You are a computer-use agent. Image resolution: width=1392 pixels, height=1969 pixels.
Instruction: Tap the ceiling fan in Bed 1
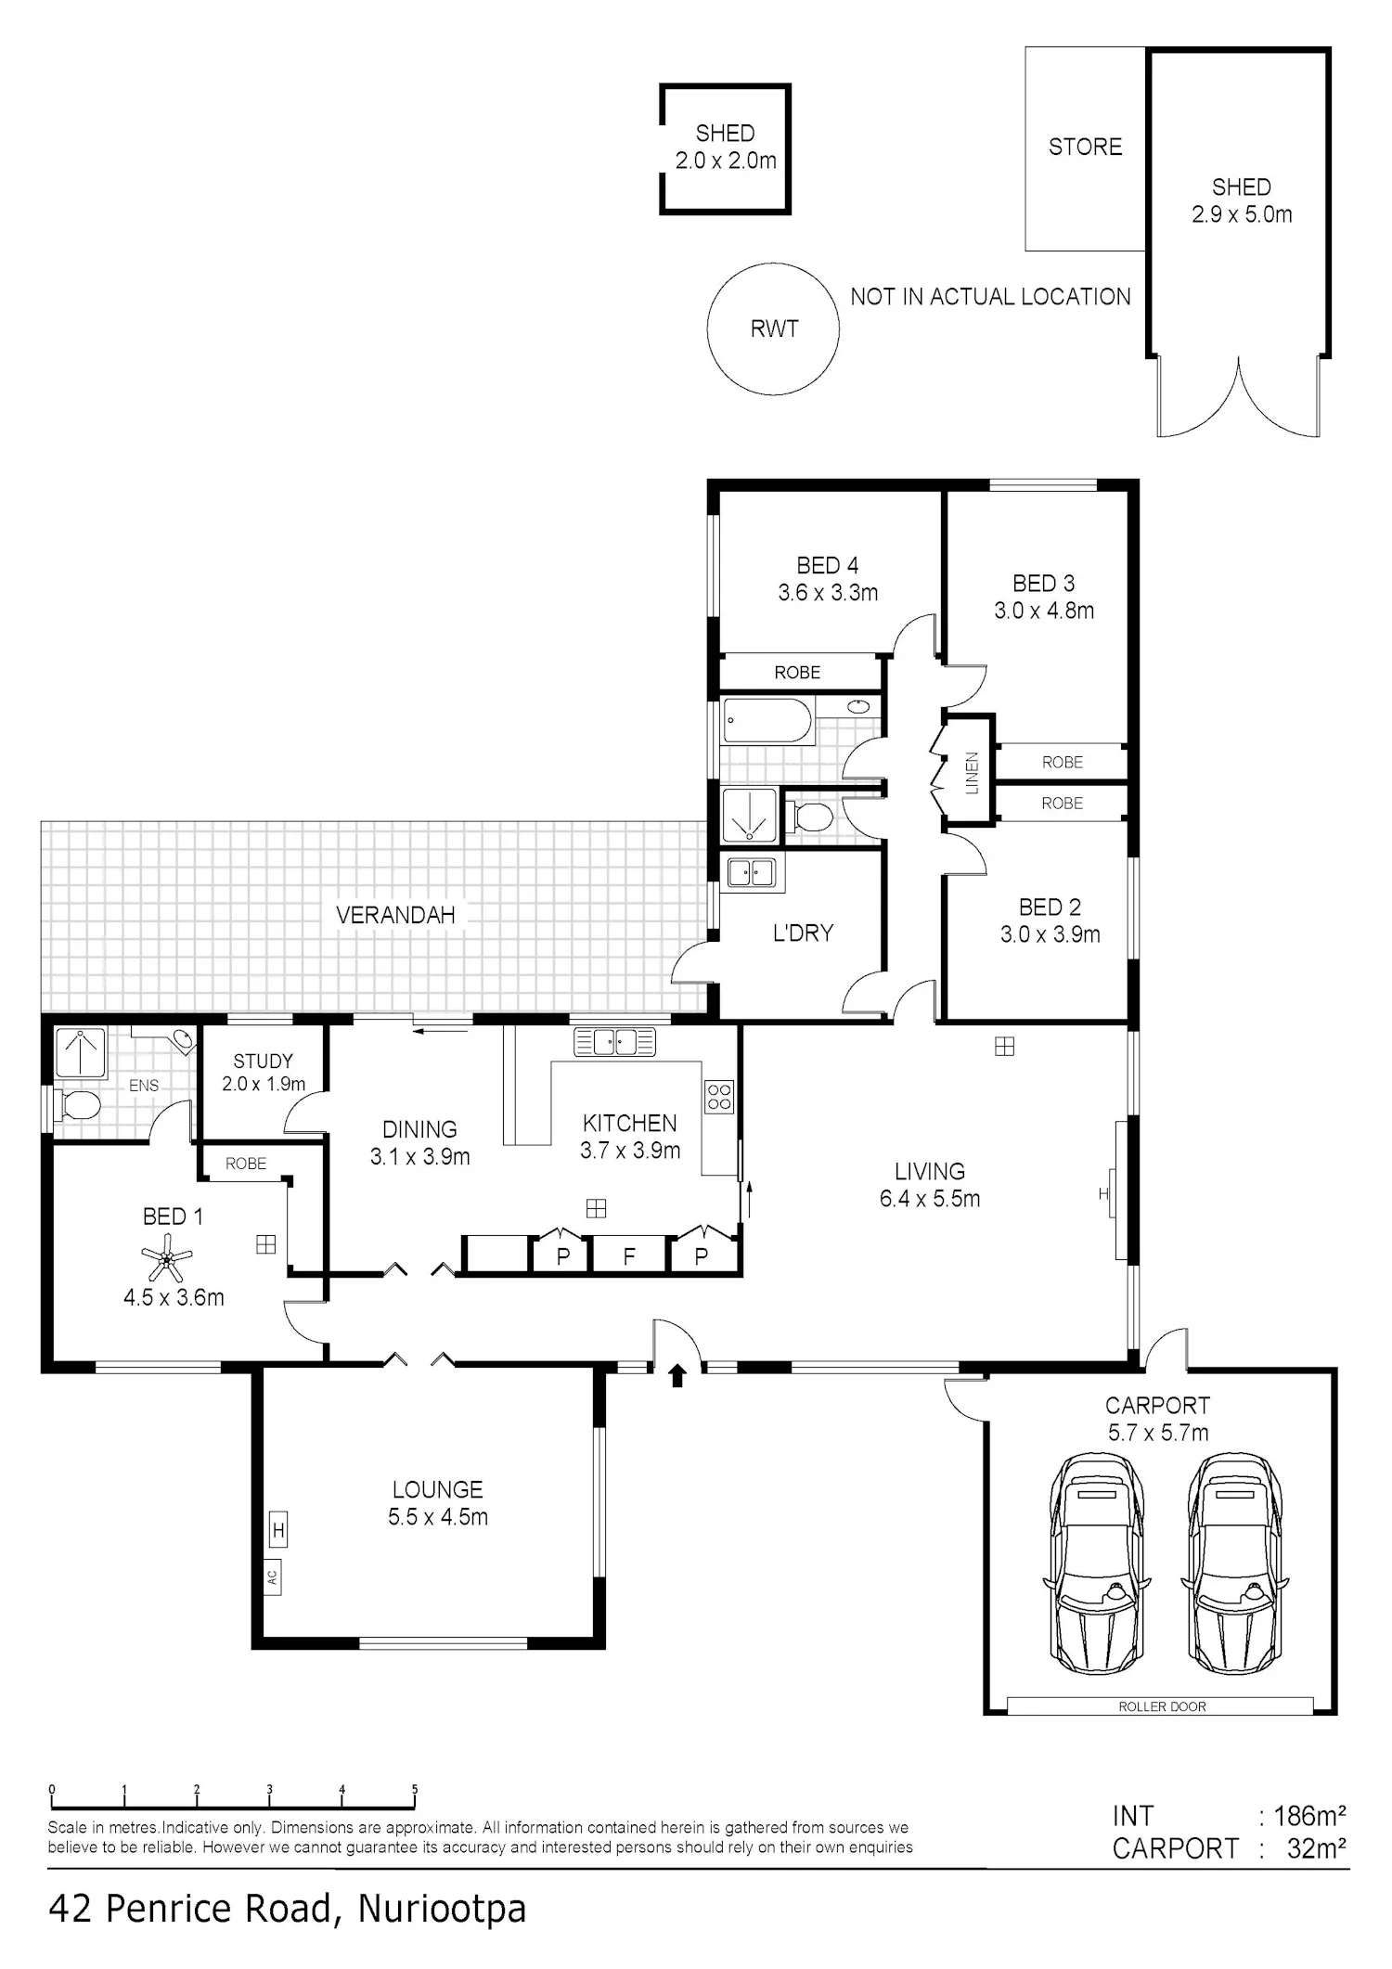click(x=167, y=1262)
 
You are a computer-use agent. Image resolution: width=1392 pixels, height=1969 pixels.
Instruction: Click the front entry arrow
click(x=677, y=1375)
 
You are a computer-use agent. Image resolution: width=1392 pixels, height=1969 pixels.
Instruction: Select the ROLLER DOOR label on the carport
click(x=1162, y=1706)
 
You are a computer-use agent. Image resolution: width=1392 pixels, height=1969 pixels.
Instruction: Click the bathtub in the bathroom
click(x=767, y=721)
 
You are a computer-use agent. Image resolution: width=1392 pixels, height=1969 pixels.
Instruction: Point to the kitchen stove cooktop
click(x=719, y=1096)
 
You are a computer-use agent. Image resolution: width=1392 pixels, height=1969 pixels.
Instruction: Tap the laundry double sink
click(x=751, y=873)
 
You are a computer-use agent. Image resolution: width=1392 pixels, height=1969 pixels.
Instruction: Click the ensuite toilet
click(x=78, y=1105)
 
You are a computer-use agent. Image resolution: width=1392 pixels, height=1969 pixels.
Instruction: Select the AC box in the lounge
click(x=273, y=1576)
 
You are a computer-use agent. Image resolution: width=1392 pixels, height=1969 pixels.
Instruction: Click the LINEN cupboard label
click(x=972, y=773)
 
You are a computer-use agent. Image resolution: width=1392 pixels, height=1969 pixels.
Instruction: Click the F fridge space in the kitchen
click(x=629, y=1256)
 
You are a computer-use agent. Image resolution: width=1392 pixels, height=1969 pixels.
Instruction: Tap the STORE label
click(x=1085, y=147)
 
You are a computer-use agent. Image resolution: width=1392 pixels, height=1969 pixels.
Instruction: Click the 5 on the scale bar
click(x=415, y=1790)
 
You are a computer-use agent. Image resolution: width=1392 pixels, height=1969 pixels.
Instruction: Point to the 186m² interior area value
click(x=1310, y=1815)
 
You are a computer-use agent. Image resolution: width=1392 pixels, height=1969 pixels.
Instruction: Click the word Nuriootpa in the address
click(x=442, y=1910)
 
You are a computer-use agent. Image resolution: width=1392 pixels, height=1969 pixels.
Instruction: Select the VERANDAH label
click(x=395, y=915)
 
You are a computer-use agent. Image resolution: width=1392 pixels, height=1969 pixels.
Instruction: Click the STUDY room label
click(x=263, y=1061)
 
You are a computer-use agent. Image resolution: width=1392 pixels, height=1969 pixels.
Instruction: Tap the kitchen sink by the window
click(x=614, y=1042)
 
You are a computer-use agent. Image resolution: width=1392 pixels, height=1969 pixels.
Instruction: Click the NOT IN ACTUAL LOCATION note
click(x=991, y=297)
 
